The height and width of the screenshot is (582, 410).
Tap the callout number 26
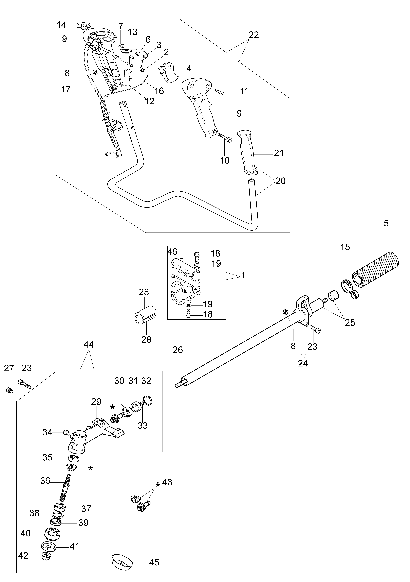(178, 350)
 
